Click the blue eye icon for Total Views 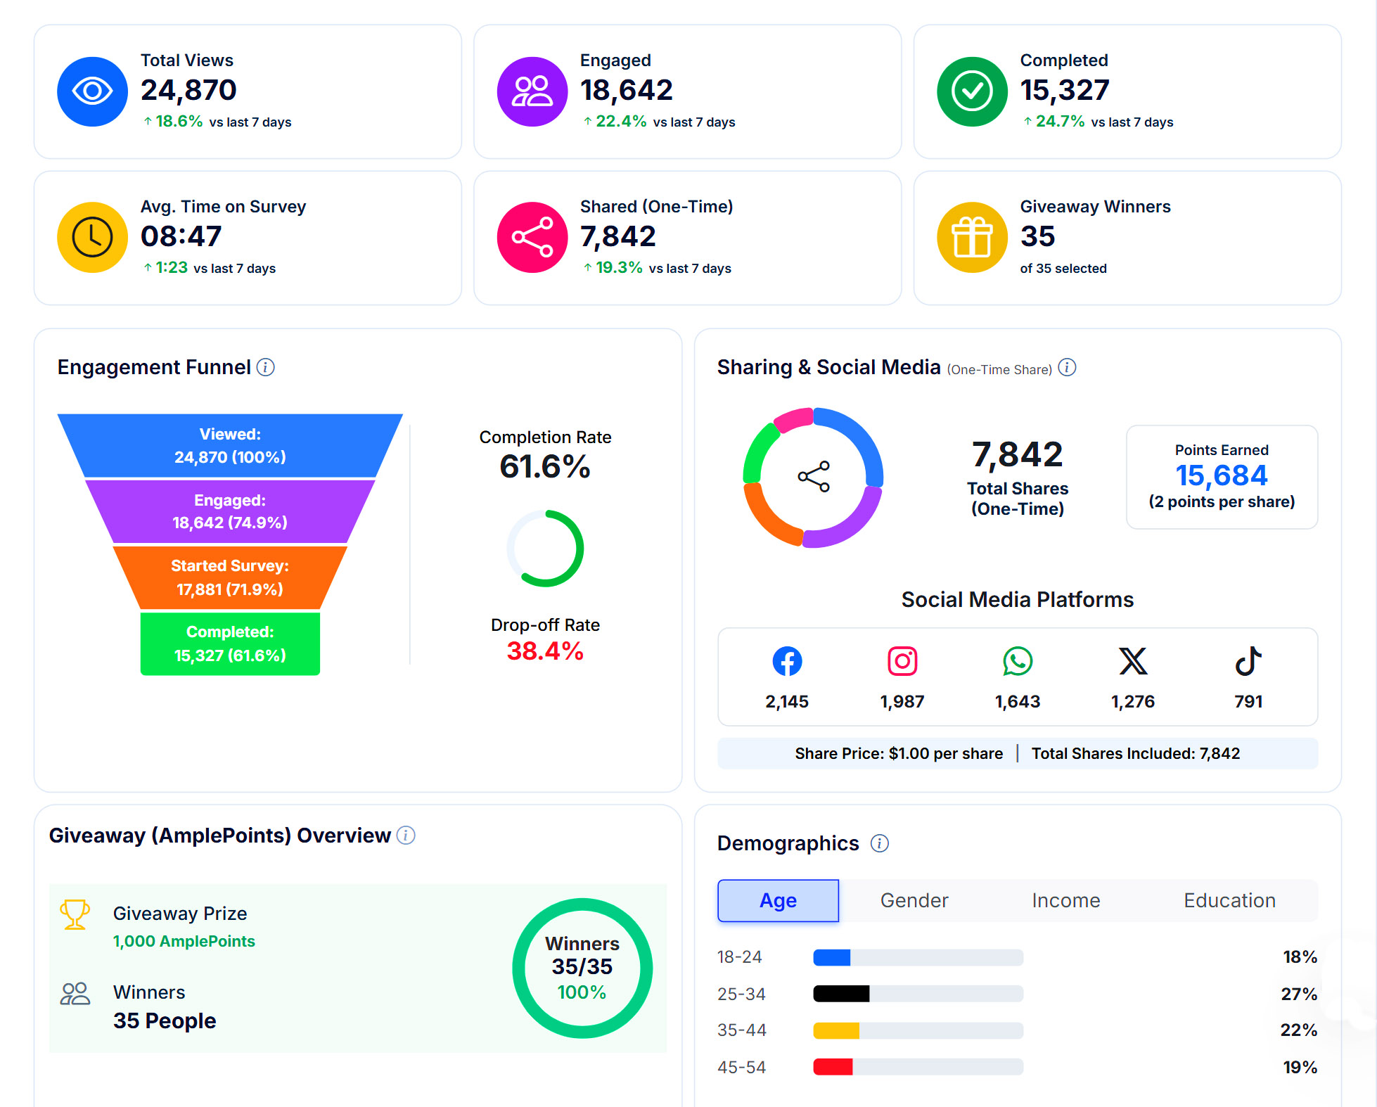point(92,91)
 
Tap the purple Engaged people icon point(532,91)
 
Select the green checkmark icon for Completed point(973,91)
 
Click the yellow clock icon point(92,237)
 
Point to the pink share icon point(532,237)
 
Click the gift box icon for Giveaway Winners point(973,237)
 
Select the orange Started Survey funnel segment point(230,577)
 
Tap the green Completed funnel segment point(230,644)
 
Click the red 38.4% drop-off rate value point(545,651)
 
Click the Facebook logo point(787,661)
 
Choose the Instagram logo point(902,661)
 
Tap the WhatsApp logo point(1018,661)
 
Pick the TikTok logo point(1248,661)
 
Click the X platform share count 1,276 point(1133,701)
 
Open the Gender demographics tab point(914,900)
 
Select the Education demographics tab point(1229,900)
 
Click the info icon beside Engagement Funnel point(265,367)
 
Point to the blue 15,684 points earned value point(1222,475)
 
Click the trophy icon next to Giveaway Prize point(75,914)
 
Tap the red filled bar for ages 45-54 point(833,1067)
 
